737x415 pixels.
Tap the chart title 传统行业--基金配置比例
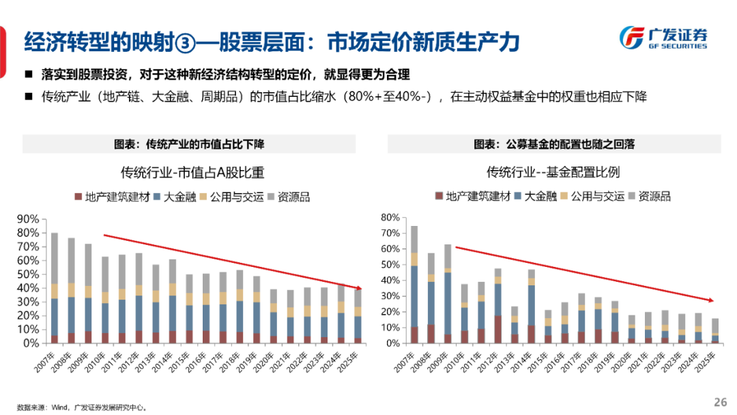point(553,172)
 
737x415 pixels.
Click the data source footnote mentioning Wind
point(82,407)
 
